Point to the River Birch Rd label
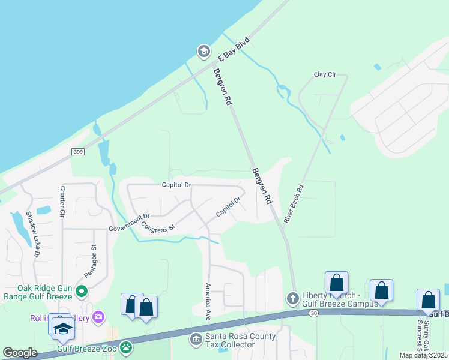click(294, 204)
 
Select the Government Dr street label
click(129, 223)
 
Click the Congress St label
click(157, 227)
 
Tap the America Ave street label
click(208, 299)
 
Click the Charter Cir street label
click(62, 201)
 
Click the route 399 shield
click(77, 152)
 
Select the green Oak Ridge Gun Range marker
click(82, 292)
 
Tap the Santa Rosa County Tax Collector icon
click(196, 340)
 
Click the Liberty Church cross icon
click(292, 298)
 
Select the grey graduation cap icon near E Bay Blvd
click(203, 51)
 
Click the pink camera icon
click(98, 316)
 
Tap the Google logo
click(20, 353)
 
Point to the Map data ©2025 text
click(424, 355)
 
